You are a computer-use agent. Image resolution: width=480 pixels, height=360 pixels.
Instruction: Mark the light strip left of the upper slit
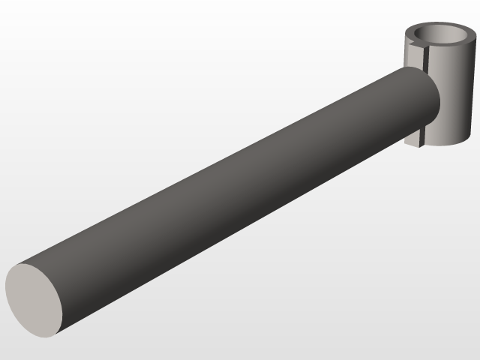(412, 57)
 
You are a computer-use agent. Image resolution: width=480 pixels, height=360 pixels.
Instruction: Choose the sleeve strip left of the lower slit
(414, 136)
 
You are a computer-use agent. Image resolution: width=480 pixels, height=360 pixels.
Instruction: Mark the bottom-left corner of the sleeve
(406, 142)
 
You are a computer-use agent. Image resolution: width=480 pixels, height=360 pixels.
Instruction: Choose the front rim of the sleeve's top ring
(442, 46)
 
